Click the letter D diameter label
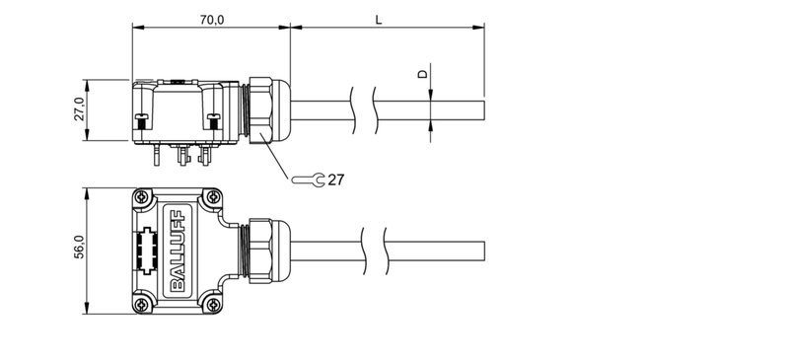423,74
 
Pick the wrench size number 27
336,180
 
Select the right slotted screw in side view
212,122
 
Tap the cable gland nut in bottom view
261,251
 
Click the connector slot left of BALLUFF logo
148,251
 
